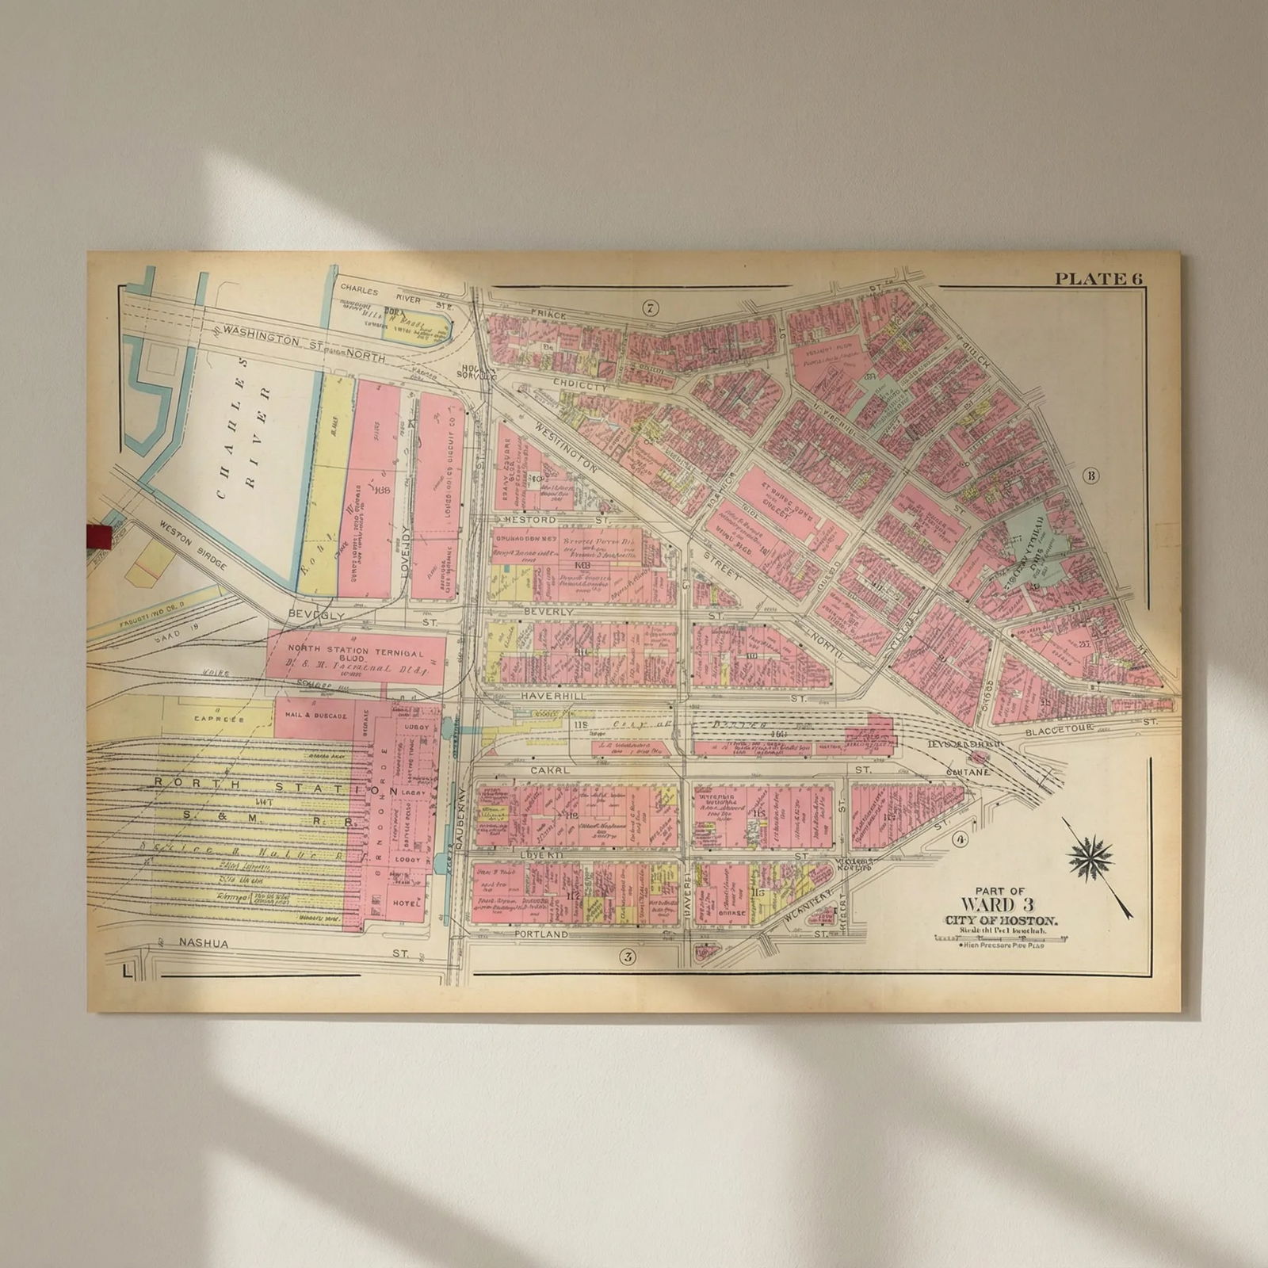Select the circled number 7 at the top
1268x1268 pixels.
(651, 308)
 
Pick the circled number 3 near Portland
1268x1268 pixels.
(628, 957)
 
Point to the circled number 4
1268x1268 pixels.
(961, 840)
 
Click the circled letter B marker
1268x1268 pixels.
(1091, 475)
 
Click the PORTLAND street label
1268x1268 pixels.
(541, 934)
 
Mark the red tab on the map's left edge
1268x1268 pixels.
(97, 536)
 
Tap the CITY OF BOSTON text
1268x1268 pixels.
(1000, 919)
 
